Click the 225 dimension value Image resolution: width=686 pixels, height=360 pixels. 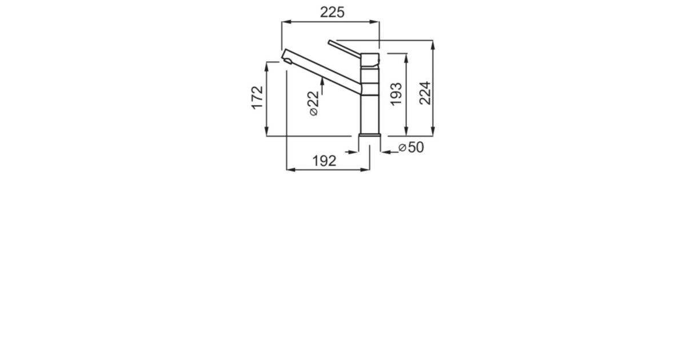click(332, 13)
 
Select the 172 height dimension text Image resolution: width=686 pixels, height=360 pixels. click(257, 98)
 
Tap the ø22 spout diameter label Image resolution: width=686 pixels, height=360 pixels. click(314, 104)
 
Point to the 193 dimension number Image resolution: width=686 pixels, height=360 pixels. click(396, 94)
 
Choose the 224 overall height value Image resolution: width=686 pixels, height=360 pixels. click(425, 93)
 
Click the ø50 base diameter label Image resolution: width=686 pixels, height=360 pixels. click(411, 147)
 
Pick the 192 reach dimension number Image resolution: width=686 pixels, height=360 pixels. click(324, 161)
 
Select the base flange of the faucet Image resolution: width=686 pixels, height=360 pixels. click(370, 135)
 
